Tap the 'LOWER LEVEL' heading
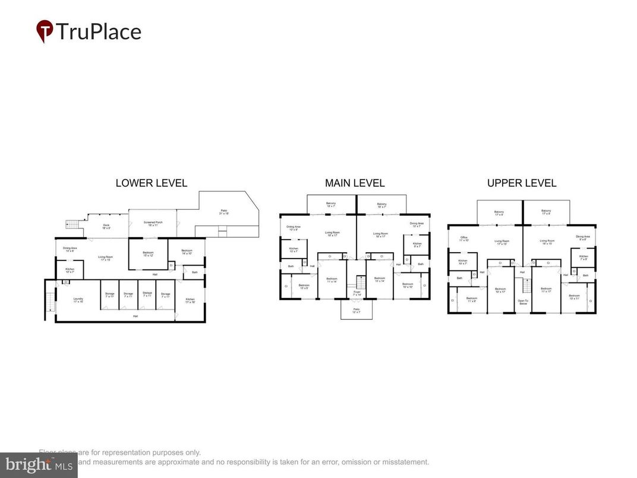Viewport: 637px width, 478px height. point(151,183)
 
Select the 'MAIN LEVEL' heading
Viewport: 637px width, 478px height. point(355,183)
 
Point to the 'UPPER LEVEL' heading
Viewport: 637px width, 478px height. point(522,183)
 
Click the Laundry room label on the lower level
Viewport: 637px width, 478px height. point(78,300)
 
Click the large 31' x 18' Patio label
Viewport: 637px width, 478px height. point(224,212)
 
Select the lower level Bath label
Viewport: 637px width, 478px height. point(194,272)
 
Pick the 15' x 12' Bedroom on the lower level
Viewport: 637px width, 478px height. point(148,254)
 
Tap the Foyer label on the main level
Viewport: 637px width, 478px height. point(357,293)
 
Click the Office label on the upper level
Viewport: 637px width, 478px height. point(464,239)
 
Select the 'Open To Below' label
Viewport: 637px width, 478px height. point(523,301)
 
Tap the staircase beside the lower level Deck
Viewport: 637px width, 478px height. point(72,224)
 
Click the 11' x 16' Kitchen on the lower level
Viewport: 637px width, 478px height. point(190,300)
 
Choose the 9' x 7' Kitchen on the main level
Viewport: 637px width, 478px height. point(417,244)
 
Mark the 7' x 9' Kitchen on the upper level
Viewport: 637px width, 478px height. point(583,257)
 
